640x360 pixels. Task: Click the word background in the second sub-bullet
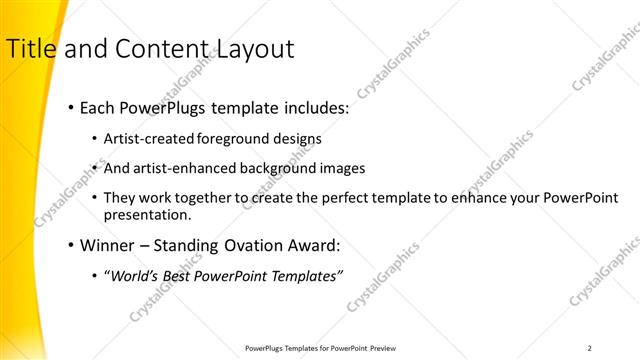(x=279, y=169)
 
